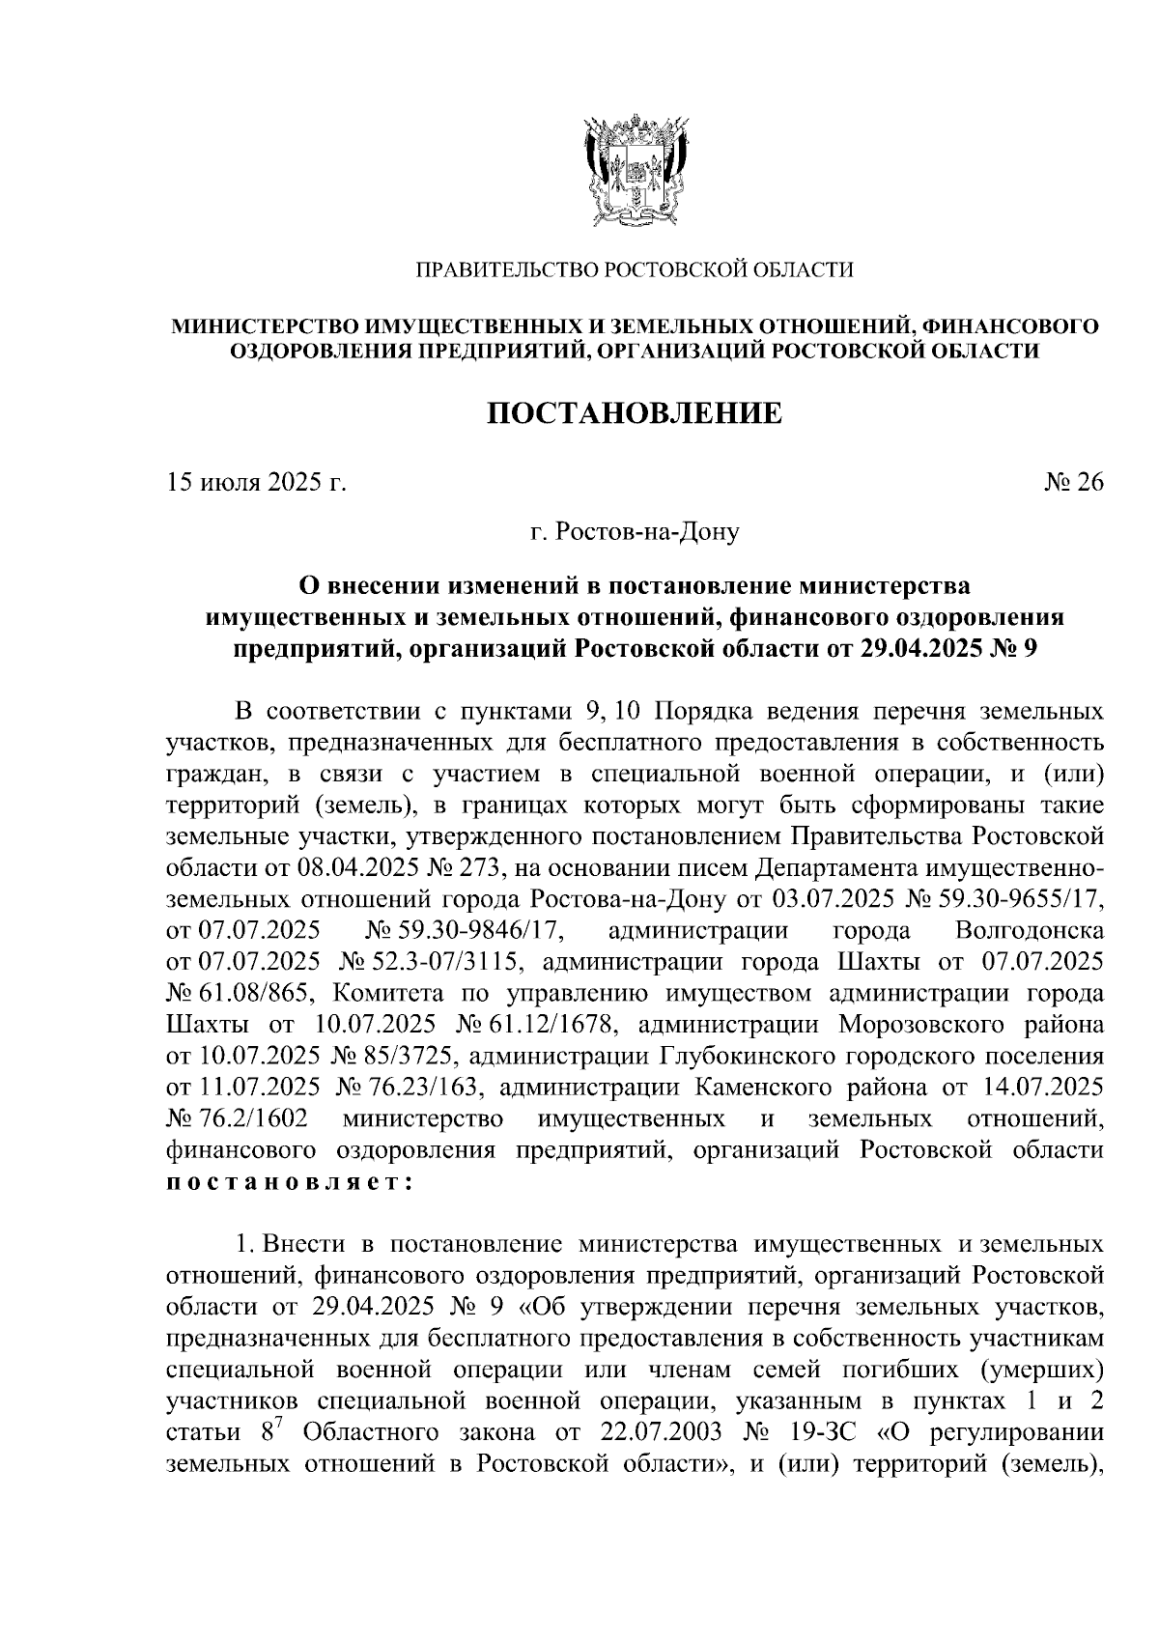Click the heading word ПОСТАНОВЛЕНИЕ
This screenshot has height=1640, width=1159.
[x=634, y=414]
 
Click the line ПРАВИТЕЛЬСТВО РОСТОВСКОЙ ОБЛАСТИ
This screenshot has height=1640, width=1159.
[x=634, y=269]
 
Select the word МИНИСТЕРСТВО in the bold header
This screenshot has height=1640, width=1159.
[x=254, y=327]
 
